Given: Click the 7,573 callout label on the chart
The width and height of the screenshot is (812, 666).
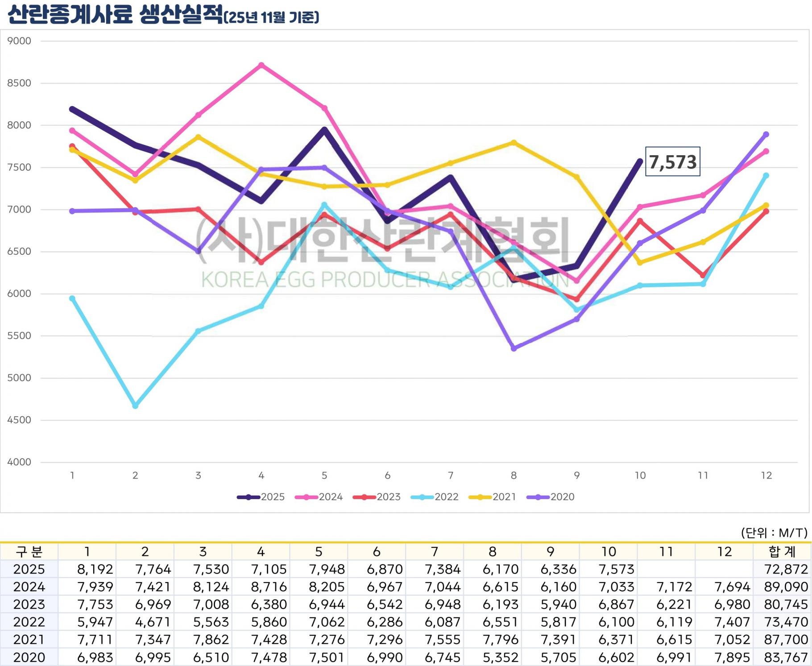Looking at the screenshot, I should click(672, 161).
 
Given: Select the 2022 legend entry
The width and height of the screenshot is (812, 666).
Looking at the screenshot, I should click(435, 497).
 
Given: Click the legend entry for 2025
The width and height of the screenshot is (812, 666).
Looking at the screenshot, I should click(261, 497).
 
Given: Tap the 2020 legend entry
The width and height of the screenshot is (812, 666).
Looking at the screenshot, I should click(551, 497).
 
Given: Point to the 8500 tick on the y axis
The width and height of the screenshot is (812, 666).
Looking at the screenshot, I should click(19, 83).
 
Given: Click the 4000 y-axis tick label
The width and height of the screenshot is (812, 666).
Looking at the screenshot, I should click(19, 462).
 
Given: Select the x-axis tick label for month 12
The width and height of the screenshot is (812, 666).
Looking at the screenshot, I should click(766, 476).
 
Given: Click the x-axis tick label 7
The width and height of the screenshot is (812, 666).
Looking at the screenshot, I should click(451, 476).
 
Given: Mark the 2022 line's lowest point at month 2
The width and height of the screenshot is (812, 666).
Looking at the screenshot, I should click(135, 406).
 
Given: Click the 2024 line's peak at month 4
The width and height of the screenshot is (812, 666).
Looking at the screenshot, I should click(261, 65).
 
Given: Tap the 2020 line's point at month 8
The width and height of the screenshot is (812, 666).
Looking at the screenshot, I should click(514, 348).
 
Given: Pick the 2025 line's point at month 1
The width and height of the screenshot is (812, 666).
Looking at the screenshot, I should click(72, 109).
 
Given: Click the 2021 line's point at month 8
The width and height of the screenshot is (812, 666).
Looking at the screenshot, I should click(514, 143).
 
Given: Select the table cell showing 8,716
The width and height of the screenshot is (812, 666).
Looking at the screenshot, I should click(269, 587).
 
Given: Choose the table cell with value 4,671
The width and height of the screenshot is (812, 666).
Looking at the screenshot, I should click(153, 622).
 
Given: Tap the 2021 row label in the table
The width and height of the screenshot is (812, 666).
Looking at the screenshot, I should click(29, 640).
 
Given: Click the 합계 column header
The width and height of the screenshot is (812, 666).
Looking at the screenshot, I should click(782, 552).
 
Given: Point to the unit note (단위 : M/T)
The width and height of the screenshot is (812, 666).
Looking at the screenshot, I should click(774, 533).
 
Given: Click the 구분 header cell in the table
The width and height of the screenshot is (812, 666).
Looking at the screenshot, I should click(29, 552).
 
